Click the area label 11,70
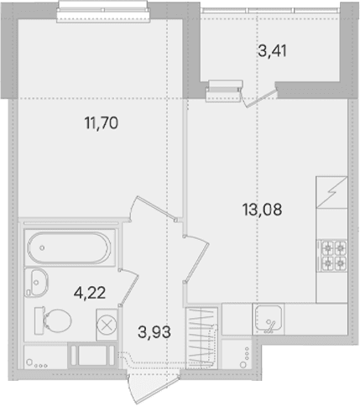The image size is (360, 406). [102, 123]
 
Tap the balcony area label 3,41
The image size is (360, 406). [272, 51]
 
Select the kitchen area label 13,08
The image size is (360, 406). [263, 210]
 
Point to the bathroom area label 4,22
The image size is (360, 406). [90, 293]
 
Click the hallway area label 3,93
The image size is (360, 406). [154, 332]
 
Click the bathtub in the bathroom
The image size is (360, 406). [69, 247]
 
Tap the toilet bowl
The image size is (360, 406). [53, 320]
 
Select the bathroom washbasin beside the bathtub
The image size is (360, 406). [37, 283]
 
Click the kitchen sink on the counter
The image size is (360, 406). [269, 320]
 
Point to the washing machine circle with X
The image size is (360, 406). [107, 325]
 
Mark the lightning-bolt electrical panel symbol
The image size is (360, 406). [331, 192]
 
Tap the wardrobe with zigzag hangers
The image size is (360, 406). [201, 338]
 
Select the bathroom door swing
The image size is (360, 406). [129, 288]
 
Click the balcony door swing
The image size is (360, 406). [258, 97]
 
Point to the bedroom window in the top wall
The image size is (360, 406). [103, 11]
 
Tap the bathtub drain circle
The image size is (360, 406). [42, 247]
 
